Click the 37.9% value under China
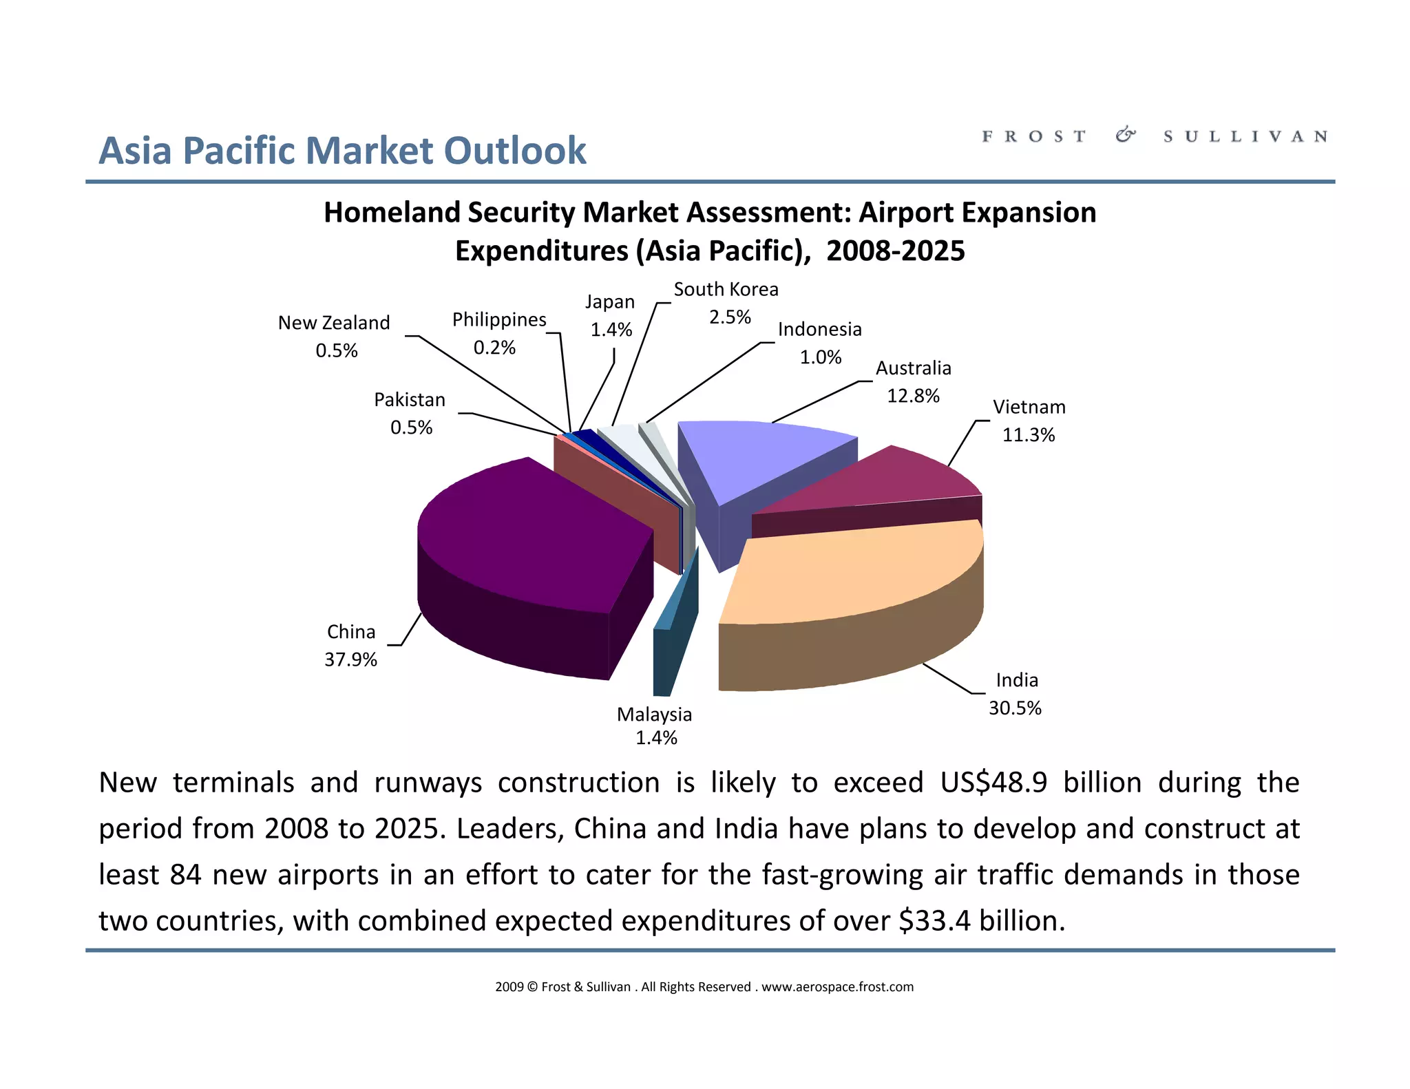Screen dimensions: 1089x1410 [x=351, y=659]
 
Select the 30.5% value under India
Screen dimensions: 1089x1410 [x=1015, y=708]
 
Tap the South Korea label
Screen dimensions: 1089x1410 [x=726, y=290]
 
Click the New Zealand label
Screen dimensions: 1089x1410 [x=334, y=323]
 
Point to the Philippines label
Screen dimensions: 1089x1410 [x=499, y=320]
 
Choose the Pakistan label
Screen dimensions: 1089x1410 [x=410, y=400]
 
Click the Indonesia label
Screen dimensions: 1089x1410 [x=819, y=330]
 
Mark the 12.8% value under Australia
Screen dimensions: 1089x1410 [x=913, y=396]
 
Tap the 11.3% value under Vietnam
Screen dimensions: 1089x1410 [x=1029, y=435]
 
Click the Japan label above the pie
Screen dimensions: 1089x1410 [x=610, y=302]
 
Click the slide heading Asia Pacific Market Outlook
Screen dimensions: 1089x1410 [x=342, y=151]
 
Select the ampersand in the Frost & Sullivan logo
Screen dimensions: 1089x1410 [x=1125, y=136]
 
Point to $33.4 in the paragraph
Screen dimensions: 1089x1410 [x=935, y=921]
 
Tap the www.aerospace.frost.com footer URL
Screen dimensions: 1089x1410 [x=837, y=987]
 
